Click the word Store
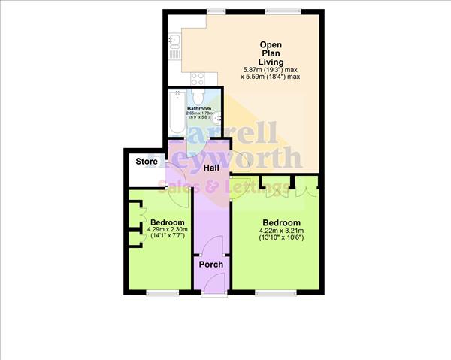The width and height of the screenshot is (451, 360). coord(147,162)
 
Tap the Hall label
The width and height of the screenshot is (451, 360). coord(201,167)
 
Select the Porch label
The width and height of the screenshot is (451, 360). coord(210,264)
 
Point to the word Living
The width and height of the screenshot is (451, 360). coord(270,62)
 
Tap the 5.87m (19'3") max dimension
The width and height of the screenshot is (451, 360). coord(270,70)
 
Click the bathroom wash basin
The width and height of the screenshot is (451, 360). coord(218,118)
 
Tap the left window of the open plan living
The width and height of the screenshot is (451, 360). coord(216,11)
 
